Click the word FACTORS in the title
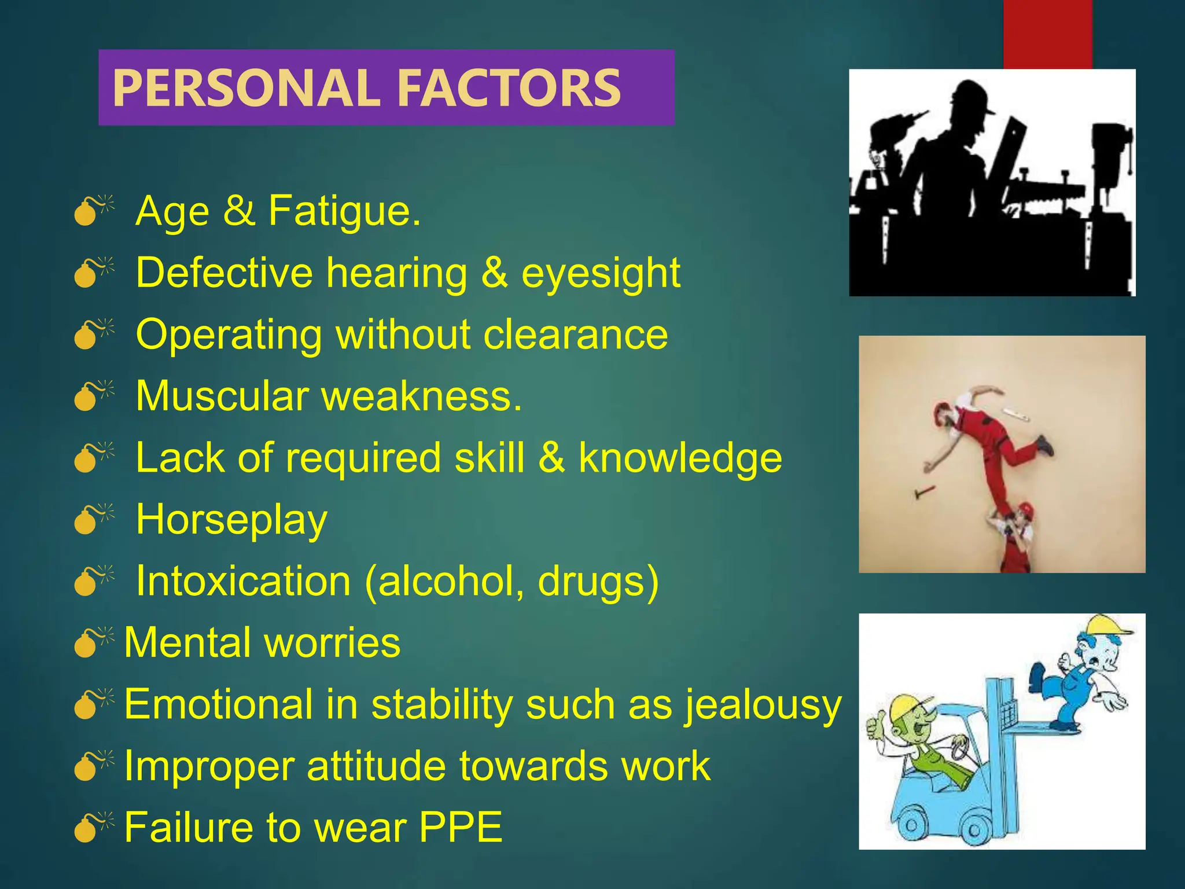coord(509,88)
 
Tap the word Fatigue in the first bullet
coord(344,211)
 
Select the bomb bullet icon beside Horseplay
coord(91,519)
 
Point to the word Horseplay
coord(231,520)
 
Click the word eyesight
coord(601,273)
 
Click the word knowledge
coord(680,458)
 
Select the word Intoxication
coord(243,581)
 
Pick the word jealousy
coord(763,706)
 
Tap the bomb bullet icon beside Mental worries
coord(91,643)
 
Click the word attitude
coord(376,766)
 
